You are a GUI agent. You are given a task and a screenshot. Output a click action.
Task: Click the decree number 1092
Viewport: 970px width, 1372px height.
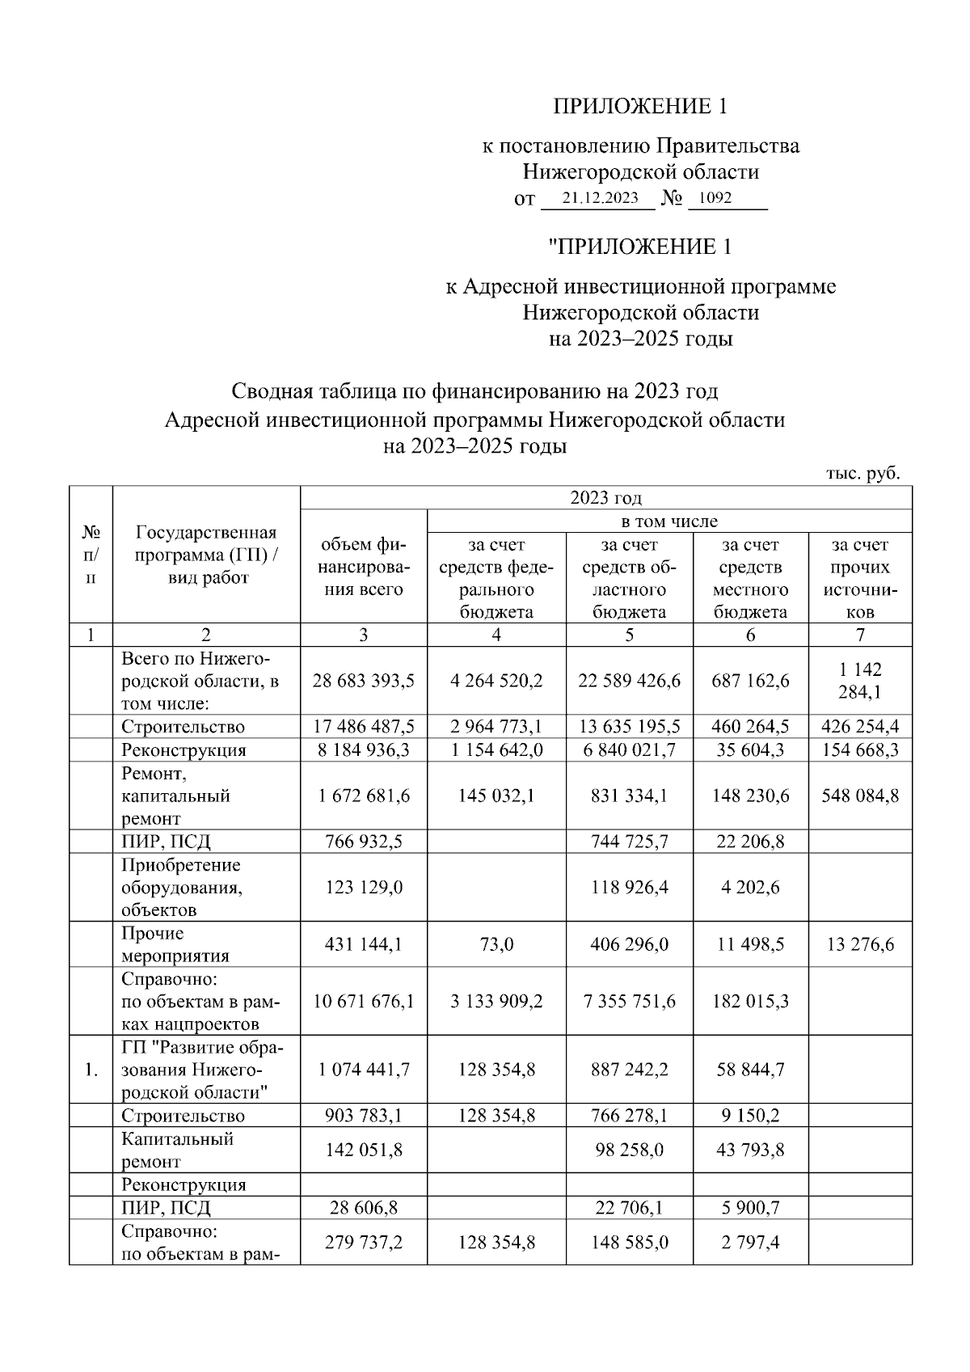715,198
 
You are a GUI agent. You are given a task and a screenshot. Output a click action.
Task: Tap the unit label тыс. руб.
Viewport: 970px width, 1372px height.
862,474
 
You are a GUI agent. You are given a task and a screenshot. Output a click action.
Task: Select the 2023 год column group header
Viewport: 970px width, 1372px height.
605,498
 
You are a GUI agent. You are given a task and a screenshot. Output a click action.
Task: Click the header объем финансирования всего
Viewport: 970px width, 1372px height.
363,567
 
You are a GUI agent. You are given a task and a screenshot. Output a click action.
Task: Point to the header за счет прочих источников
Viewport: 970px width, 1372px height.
860,578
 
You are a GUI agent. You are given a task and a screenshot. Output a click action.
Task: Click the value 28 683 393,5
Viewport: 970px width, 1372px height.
363,681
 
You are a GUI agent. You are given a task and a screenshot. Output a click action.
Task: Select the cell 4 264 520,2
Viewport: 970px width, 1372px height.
496,681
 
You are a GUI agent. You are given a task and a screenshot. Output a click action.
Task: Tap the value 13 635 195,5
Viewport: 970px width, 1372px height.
629,727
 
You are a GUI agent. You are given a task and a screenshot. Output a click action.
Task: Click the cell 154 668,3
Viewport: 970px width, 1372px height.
860,749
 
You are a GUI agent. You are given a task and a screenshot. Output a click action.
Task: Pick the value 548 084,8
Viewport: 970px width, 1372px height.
860,796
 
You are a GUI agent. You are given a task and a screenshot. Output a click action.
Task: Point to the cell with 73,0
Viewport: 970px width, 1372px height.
496,944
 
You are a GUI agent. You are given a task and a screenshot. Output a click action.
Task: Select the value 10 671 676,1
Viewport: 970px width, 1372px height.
363,1002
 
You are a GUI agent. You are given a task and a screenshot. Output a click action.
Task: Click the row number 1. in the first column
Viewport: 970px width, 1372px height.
91,1070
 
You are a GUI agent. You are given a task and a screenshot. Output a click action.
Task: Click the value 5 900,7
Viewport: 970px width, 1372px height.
750,1208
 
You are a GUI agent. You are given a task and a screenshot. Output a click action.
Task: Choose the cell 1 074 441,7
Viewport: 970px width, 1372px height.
363,1070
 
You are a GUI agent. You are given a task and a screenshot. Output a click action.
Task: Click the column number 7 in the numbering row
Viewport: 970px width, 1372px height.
860,635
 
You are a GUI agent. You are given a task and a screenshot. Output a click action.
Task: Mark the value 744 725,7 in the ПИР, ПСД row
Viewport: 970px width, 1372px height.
629,842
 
